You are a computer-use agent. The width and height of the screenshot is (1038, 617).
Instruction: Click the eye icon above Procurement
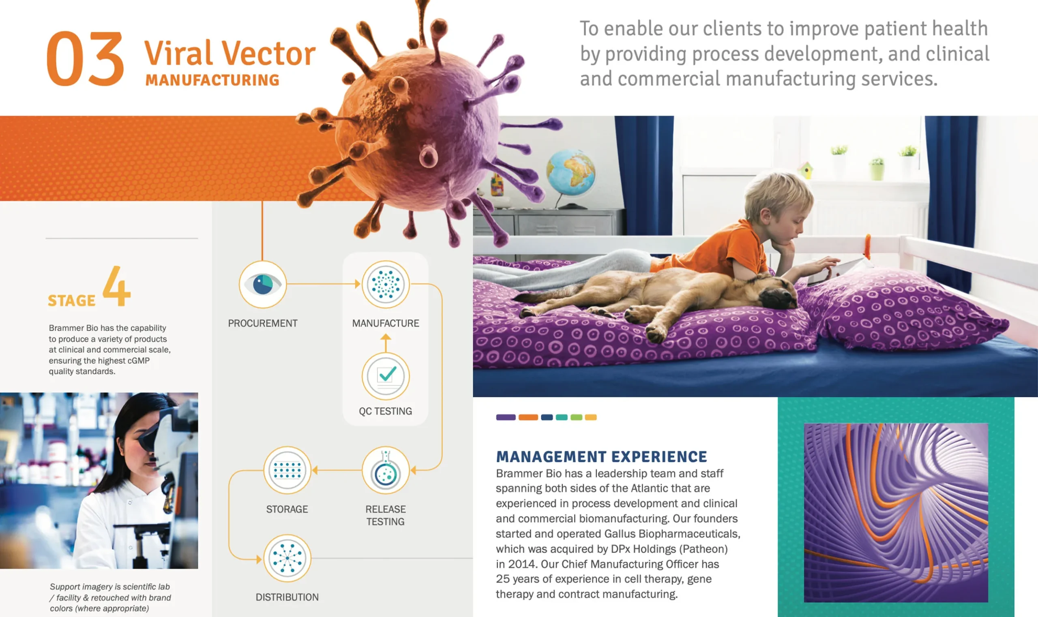262,285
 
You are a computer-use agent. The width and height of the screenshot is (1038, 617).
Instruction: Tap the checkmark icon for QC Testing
386,376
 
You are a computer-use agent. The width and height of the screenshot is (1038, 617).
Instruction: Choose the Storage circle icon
287,470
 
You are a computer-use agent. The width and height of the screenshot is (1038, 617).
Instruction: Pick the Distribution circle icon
287,558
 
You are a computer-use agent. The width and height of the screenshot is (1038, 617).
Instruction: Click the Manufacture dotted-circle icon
386,285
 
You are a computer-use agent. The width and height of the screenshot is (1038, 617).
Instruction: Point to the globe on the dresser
570,173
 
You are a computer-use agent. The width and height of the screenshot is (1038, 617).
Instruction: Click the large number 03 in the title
85,59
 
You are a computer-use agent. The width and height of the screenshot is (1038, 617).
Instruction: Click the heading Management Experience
601,456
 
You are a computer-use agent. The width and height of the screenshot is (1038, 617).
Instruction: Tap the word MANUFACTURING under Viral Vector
212,80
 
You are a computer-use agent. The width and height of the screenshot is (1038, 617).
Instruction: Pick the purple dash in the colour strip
506,417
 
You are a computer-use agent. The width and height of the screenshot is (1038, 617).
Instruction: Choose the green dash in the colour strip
577,417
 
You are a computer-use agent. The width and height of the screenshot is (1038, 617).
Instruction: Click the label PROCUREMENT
262,323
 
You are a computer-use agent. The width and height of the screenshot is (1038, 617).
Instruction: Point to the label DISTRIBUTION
287,597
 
